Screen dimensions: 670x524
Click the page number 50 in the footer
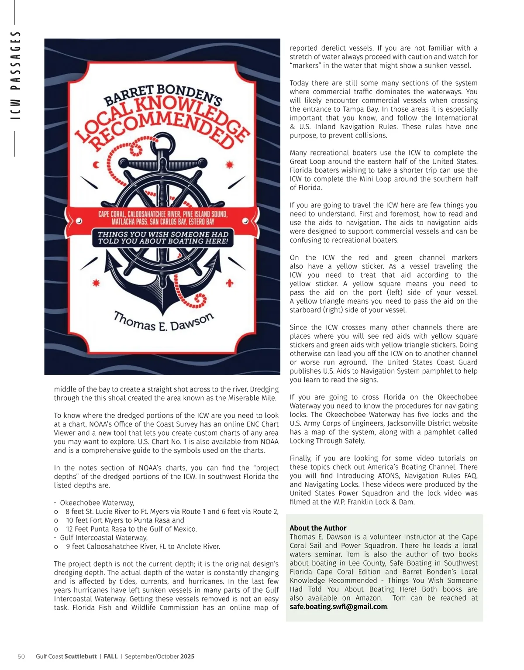21,656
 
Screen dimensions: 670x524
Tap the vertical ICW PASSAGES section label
16,75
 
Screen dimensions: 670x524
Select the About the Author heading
318,528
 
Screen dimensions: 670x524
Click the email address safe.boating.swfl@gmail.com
338,607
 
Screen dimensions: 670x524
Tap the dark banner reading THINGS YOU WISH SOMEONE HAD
163,237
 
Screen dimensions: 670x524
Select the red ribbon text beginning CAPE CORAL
162,218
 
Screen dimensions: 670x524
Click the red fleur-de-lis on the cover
229,283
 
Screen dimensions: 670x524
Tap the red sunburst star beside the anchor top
229,165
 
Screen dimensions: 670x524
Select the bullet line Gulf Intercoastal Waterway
104,538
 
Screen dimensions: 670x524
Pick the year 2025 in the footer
187,656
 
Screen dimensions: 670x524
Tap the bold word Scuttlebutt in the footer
81,656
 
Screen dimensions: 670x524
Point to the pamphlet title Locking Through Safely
327,441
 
